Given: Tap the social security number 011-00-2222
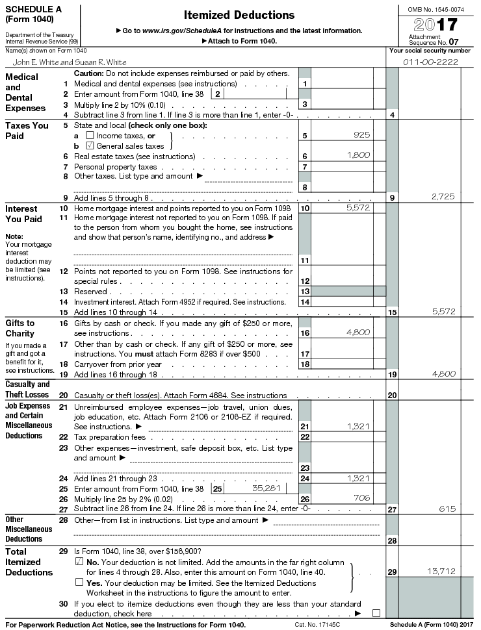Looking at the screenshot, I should coord(431,62).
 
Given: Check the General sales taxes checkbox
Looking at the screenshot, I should coord(90,145).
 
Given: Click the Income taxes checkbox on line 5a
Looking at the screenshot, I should coord(90,135).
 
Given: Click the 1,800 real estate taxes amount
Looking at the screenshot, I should coord(358,155).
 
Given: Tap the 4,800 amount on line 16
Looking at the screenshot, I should coord(358,333).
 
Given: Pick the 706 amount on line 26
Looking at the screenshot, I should coord(361,498).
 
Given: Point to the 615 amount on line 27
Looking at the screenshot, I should coord(448,509).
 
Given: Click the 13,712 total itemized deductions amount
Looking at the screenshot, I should coord(441,570).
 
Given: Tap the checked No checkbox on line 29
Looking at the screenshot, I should coord(79,561).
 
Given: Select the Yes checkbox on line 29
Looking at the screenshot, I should coord(79,582).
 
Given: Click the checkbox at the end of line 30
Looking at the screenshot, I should coord(376,612).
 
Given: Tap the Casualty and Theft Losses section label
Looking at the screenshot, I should coord(27,389).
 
